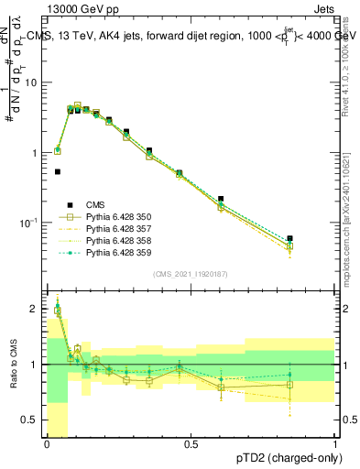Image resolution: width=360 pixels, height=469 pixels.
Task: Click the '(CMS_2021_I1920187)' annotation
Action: pyautogui.click(x=190, y=274)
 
